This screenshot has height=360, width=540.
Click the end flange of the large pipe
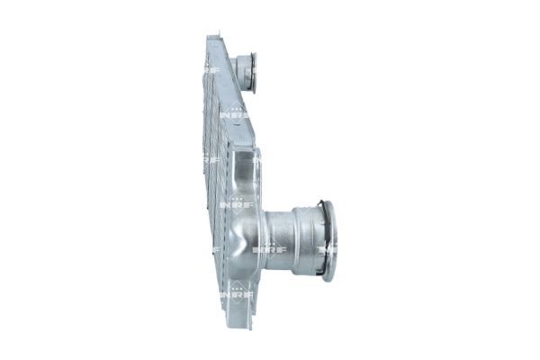tap(329, 240)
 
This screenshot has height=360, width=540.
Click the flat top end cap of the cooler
tap(213, 41)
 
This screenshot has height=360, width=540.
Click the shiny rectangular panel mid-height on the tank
tap(243, 175)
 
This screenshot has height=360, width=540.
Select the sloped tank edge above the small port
tap(228, 63)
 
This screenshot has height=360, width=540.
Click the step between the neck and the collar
tap(292, 239)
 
